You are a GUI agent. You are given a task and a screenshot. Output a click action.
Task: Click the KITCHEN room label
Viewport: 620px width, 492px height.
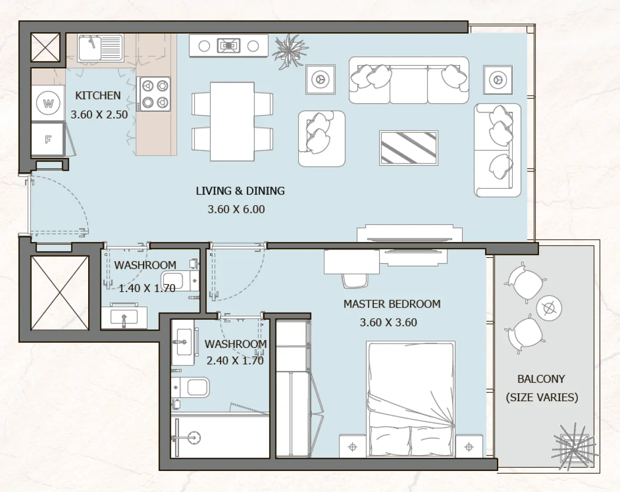coord(98,96)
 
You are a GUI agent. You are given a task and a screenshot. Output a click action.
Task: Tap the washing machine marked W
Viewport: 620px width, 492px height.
coord(48,104)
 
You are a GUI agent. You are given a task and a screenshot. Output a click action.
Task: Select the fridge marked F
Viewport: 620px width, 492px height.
coord(48,140)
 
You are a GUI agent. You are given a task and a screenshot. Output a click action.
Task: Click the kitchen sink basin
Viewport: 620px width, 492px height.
coord(90,47)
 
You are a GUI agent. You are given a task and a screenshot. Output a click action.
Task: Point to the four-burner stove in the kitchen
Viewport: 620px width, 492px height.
coord(154,94)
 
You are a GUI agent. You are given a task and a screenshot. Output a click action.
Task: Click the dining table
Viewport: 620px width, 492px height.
coord(232,121)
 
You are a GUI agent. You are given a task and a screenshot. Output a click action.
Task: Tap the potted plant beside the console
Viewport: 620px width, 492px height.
coord(290,51)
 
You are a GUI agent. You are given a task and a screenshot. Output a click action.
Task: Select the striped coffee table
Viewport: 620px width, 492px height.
coord(408,148)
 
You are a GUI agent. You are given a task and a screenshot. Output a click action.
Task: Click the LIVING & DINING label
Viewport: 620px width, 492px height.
coord(240,191)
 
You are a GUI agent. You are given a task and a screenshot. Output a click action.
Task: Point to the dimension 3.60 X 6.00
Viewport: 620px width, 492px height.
coord(236,209)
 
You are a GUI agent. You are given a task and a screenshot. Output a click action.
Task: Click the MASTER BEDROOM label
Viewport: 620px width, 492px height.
coord(392,304)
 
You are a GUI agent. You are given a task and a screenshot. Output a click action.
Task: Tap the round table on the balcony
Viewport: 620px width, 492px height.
coord(548,308)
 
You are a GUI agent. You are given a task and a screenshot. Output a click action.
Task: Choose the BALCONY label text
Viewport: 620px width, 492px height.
coord(541,379)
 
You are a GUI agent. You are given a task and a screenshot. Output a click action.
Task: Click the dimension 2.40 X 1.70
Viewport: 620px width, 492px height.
coord(235,361)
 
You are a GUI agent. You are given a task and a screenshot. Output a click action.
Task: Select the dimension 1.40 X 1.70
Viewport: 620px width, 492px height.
coord(146,288)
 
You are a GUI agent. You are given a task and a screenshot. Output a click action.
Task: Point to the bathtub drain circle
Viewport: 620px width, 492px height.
coord(193,437)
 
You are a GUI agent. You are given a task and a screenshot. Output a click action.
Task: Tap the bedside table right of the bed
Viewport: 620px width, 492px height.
coord(469,446)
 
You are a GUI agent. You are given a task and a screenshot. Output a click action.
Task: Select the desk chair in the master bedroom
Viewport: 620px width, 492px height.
coord(355,280)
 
